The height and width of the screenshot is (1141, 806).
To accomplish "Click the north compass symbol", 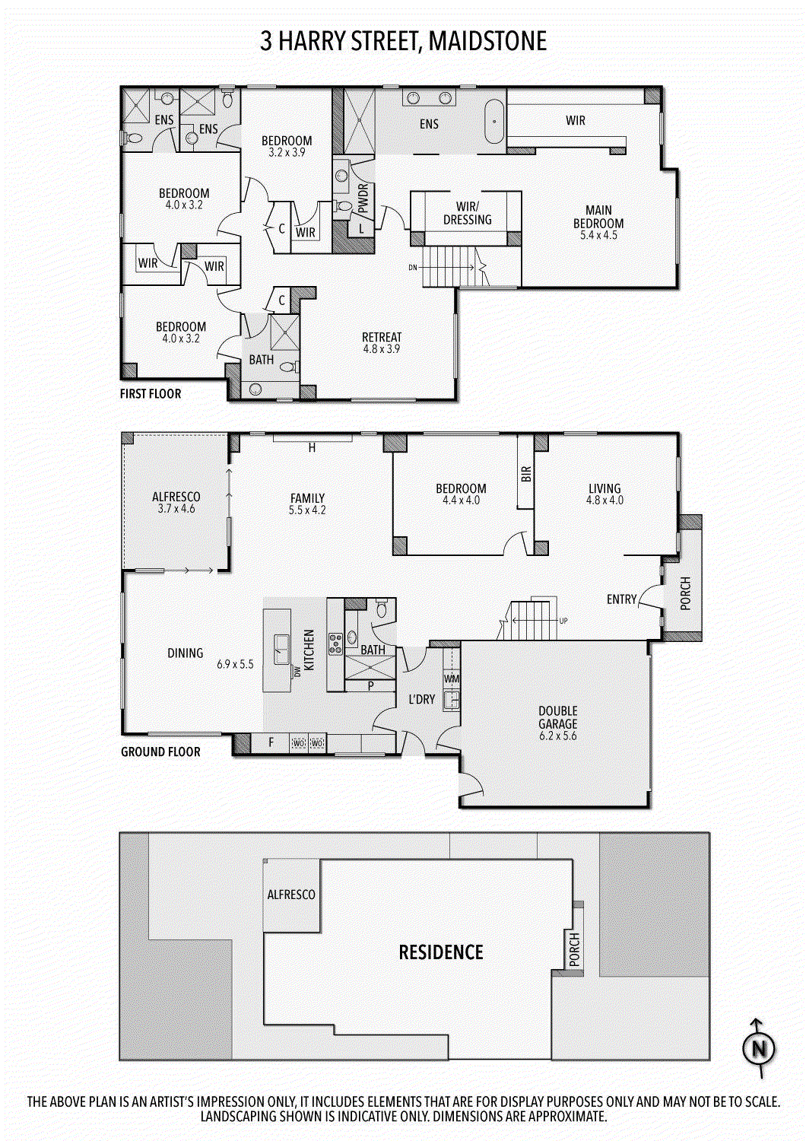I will point(758,1049).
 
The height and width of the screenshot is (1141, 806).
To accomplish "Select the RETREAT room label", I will point(382,337).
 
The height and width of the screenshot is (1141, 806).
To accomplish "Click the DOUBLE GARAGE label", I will point(558,717).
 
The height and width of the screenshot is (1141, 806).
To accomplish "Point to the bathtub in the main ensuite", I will point(495,121).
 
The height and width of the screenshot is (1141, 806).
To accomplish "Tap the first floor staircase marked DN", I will point(449,267).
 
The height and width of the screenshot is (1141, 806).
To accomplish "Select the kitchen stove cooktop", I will point(335,644).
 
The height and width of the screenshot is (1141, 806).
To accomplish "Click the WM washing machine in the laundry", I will point(452,679).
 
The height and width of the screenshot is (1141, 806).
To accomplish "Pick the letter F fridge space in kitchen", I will point(271,742).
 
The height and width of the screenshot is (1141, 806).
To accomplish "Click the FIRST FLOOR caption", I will point(151,394).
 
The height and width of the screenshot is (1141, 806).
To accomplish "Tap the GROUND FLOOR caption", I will point(160,752).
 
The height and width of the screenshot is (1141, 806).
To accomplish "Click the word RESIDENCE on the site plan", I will point(441,952).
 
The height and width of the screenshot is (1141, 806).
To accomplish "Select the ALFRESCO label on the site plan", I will point(291,895).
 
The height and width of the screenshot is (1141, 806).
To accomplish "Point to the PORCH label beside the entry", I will point(685,594).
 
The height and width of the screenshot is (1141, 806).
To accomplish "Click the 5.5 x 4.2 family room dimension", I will point(307,510).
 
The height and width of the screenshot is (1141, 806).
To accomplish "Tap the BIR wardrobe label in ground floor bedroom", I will point(526,474).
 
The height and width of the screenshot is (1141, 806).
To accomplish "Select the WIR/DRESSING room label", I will point(467,213).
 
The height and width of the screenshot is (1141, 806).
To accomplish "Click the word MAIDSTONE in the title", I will point(487,41).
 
